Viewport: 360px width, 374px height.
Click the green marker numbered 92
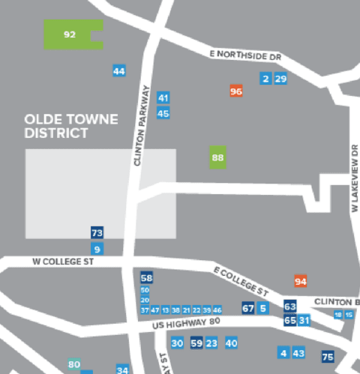click(x=70, y=34)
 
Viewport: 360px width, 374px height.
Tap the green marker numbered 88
click(x=218, y=158)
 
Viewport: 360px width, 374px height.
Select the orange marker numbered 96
click(x=236, y=91)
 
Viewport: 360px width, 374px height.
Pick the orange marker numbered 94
click(x=301, y=281)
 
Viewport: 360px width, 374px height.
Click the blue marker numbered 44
click(x=118, y=71)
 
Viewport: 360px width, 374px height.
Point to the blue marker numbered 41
click(x=163, y=97)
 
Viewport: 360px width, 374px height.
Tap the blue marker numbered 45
click(x=163, y=113)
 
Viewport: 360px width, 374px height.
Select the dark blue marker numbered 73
click(x=97, y=233)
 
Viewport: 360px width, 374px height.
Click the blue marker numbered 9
click(x=97, y=249)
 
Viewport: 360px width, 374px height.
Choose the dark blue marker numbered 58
click(x=146, y=278)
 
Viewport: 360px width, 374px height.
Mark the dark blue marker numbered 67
click(x=248, y=308)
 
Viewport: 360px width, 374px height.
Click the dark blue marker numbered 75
click(x=328, y=357)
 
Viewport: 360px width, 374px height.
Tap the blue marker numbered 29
click(x=280, y=79)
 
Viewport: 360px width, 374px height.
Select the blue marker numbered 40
click(x=232, y=343)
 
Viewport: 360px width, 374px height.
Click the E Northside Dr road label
click(x=245, y=55)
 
